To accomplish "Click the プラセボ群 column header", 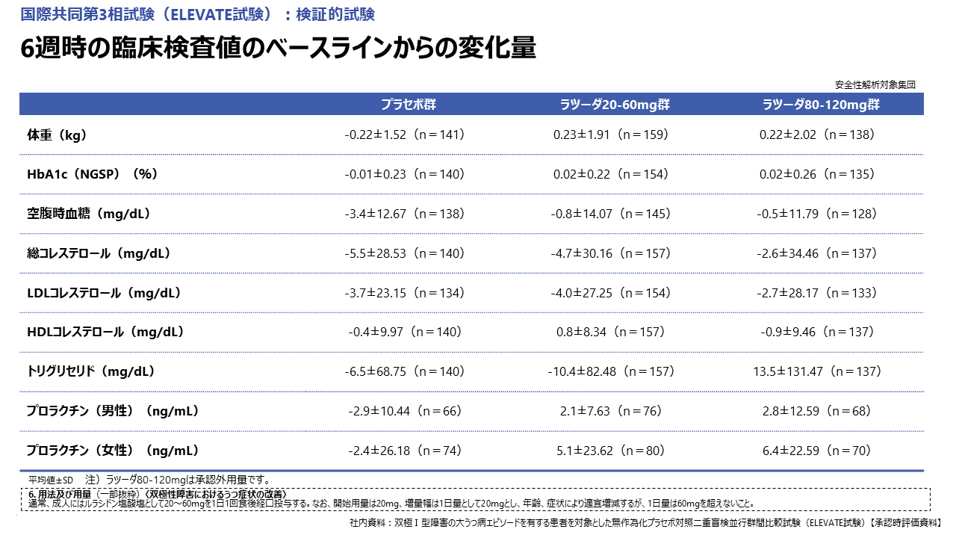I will [x=408, y=105].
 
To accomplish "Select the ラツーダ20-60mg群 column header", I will [x=615, y=105].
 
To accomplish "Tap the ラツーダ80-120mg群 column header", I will [x=821, y=105].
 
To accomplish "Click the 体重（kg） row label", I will [x=57, y=135].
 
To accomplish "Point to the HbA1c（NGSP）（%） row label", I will [x=92, y=174].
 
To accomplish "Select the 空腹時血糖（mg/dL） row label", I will [x=89, y=214].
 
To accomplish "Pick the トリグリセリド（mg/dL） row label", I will [x=90, y=371].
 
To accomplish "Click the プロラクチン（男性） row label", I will [x=112, y=411].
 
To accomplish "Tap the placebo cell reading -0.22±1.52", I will [x=405, y=135].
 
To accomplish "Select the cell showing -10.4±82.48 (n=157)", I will [x=611, y=371].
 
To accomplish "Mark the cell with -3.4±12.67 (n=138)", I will [x=405, y=214].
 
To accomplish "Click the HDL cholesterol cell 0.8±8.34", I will [x=611, y=332].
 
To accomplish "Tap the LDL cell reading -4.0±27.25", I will [x=611, y=293].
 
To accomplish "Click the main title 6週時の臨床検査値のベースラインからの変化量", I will [x=279, y=49].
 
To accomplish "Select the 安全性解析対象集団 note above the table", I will [x=875, y=84].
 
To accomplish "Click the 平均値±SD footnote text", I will [x=51, y=480].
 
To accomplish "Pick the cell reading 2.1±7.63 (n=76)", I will [x=611, y=411].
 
